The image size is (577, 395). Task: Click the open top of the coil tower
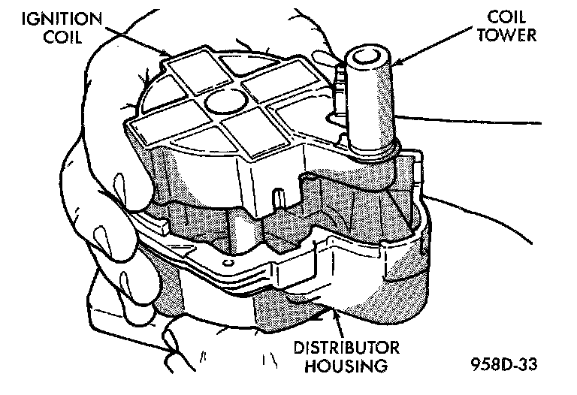[367, 53]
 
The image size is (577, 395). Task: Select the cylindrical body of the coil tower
[369, 105]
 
